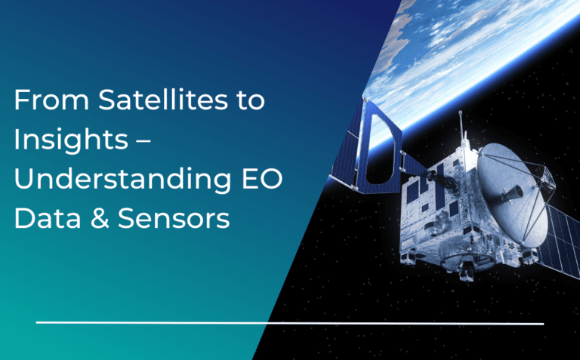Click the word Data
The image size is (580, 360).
click(42, 219)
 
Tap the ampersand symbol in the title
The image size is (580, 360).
click(93, 219)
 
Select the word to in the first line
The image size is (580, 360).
click(251, 102)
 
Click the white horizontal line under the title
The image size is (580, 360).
click(287, 323)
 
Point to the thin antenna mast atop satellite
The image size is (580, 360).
click(460, 132)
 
